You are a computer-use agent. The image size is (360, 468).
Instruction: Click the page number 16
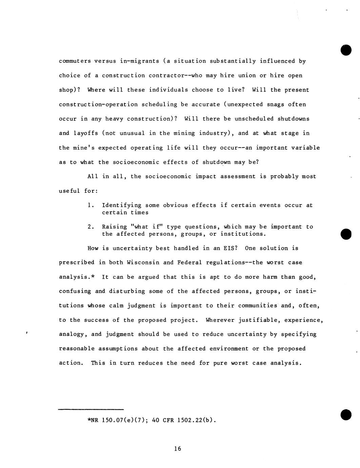coord(178,449)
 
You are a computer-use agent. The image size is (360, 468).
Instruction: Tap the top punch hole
coord(346,50)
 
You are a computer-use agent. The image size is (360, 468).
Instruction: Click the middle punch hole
coord(346,234)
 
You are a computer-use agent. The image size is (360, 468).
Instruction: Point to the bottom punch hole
coord(346,414)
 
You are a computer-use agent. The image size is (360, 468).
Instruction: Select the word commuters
coord(75,61)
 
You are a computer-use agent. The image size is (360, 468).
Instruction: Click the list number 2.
coord(90,227)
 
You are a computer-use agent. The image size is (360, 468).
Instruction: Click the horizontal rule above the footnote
coord(91,409)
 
